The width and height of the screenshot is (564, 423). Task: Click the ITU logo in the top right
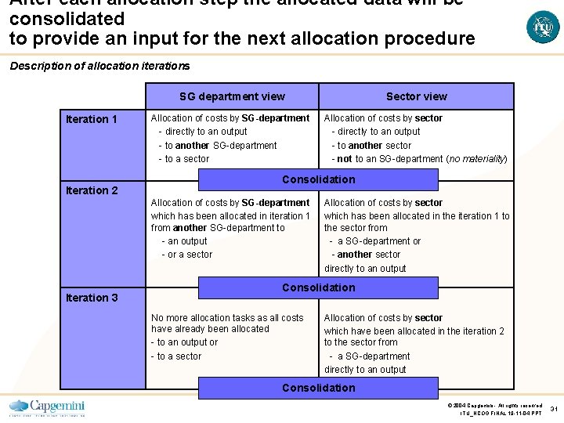point(543,27)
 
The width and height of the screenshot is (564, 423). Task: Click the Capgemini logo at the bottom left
point(47,407)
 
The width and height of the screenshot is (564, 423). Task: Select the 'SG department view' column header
point(232,96)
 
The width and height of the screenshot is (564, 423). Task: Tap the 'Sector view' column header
point(416,96)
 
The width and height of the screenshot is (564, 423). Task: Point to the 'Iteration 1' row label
point(92,119)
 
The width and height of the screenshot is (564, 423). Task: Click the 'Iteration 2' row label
point(92,190)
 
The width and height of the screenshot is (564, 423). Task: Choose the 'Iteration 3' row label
point(92,298)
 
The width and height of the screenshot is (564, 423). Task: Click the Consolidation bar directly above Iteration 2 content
point(318,179)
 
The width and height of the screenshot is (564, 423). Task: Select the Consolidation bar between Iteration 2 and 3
point(318,287)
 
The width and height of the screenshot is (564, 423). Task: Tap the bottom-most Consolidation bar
point(318,388)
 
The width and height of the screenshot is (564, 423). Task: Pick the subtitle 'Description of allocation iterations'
point(99,66)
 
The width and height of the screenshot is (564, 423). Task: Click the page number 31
point(554,408)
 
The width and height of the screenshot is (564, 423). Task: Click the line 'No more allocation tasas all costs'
point(226,317)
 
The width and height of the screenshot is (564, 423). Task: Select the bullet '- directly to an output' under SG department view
point(203,132)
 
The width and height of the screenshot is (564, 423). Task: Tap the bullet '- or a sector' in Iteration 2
point(186,255)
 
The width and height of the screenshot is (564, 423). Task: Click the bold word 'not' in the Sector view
point(344,159)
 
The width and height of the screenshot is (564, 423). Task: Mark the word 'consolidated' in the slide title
point(67,18)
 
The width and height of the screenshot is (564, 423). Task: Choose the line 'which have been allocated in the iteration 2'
point(414,331)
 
